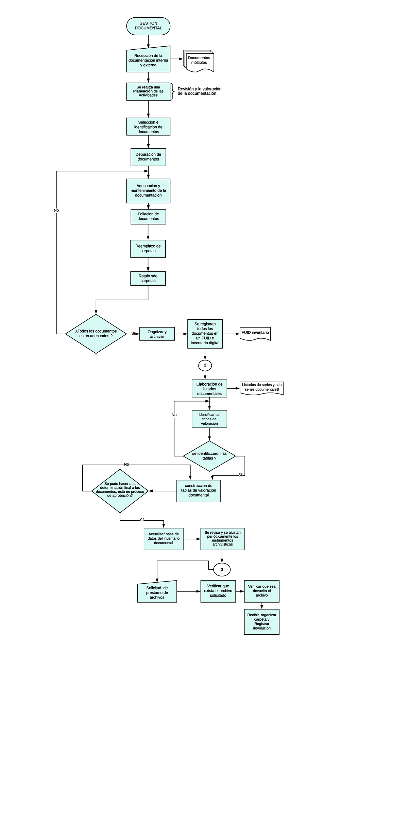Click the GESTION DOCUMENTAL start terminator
pyautogui.click(x=148, y=26)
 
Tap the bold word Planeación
pyautogui.click(x=143, y=91)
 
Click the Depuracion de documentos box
pyautogui.click(x=148, y=157)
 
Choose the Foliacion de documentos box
pyautogui.click(x=148, y=217)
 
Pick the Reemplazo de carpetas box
pyautogui.click(x=148, y=249)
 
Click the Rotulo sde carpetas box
pyautogui.click(x=148, y=278)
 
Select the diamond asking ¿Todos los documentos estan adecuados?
pyautogui.click(x=96, y=334)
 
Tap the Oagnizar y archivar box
pyautogui.click(x=157, y=334)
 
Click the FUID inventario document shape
pyautogui.click(x=255, y=333)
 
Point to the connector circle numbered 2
pyautogui.click(x=205, y=365)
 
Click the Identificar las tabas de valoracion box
pyautogui.click(x=209, y=419)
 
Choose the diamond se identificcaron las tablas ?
pyautogui.click(x=209, y=456)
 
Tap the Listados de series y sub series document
pyautogui.click(x=262, y=387)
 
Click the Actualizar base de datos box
pyautogui.click(x=164, y=539)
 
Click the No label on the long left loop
pyautogui.click(x=56, y=211)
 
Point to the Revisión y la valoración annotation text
pyautogui.click(x=200, y=91)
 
